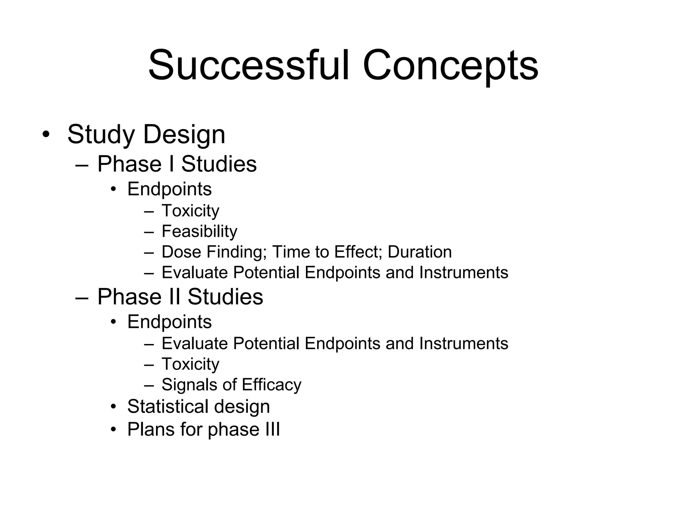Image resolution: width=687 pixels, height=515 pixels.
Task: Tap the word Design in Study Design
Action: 184,134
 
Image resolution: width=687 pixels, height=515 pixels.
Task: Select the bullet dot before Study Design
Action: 46,134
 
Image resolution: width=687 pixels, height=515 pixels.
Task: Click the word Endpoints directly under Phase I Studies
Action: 169,189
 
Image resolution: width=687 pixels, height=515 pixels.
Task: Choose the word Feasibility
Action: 199,231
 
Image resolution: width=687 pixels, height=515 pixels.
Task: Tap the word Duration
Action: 420,252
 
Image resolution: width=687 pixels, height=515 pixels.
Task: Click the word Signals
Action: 190,385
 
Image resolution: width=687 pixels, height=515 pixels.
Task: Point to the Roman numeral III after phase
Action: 272,429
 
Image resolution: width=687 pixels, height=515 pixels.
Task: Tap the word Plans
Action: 151,429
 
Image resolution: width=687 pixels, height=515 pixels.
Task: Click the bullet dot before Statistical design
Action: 114,407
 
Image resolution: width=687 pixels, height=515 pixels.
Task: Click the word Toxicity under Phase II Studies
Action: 190,364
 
